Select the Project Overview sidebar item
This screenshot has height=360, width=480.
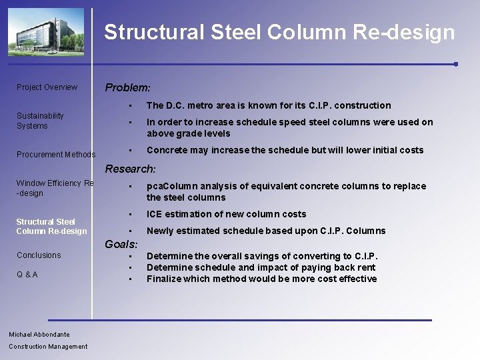point(47,87)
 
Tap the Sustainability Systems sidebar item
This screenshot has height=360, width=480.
point(40,121)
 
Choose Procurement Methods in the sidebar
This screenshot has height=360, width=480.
point(56,155)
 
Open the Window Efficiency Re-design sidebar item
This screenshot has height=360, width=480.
point(55,188)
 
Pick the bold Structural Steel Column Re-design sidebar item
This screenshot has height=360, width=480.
point(51,227)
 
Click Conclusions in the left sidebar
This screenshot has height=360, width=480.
point(39,255)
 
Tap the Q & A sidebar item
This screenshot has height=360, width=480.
point(27,275)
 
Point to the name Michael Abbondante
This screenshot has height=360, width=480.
point(39,335)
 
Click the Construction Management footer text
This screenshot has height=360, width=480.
point(48,347)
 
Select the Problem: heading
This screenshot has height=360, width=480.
point(127,87)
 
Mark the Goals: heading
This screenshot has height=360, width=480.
point(121,245)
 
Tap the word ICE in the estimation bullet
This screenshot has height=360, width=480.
point(155,214)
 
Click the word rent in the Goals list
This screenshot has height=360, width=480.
point(366,267)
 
